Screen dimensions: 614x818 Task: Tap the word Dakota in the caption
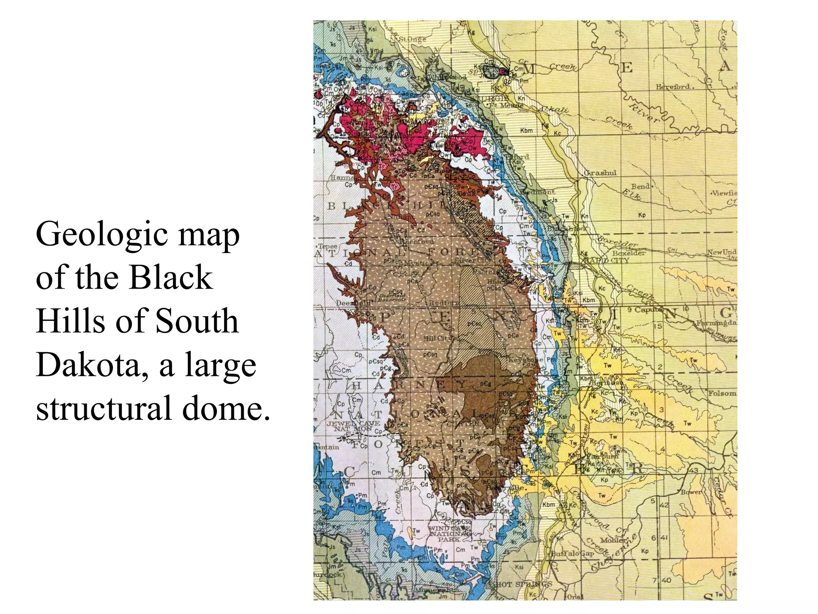click(92, 365)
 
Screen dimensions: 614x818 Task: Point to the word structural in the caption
click(103, 409)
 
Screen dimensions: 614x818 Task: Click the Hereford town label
click(673, 86)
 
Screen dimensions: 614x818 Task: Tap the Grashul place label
click(600, 173)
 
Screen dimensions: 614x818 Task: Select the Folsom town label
click(722, 393)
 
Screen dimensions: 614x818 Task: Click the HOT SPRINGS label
click(523, 584)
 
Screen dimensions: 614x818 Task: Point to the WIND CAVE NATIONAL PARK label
click(449, 533)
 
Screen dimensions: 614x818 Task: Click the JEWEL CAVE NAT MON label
click(353, 425)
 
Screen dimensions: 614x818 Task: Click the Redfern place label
click(444, 303)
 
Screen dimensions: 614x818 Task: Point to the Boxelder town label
click(629, 253)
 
